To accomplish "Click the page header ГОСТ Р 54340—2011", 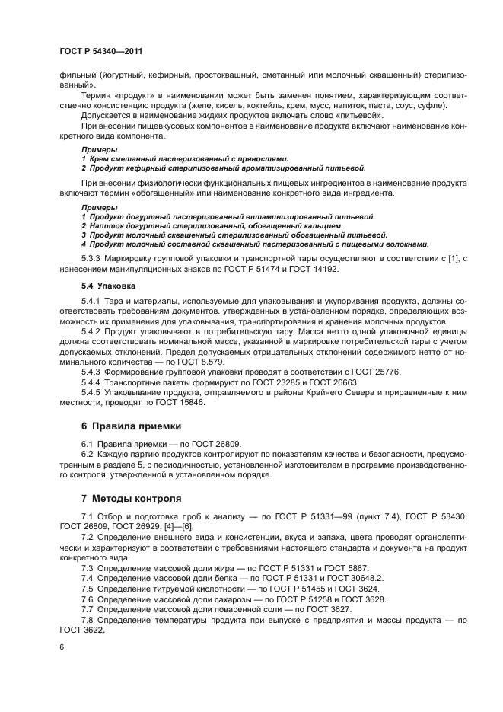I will (x=100, y=51).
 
